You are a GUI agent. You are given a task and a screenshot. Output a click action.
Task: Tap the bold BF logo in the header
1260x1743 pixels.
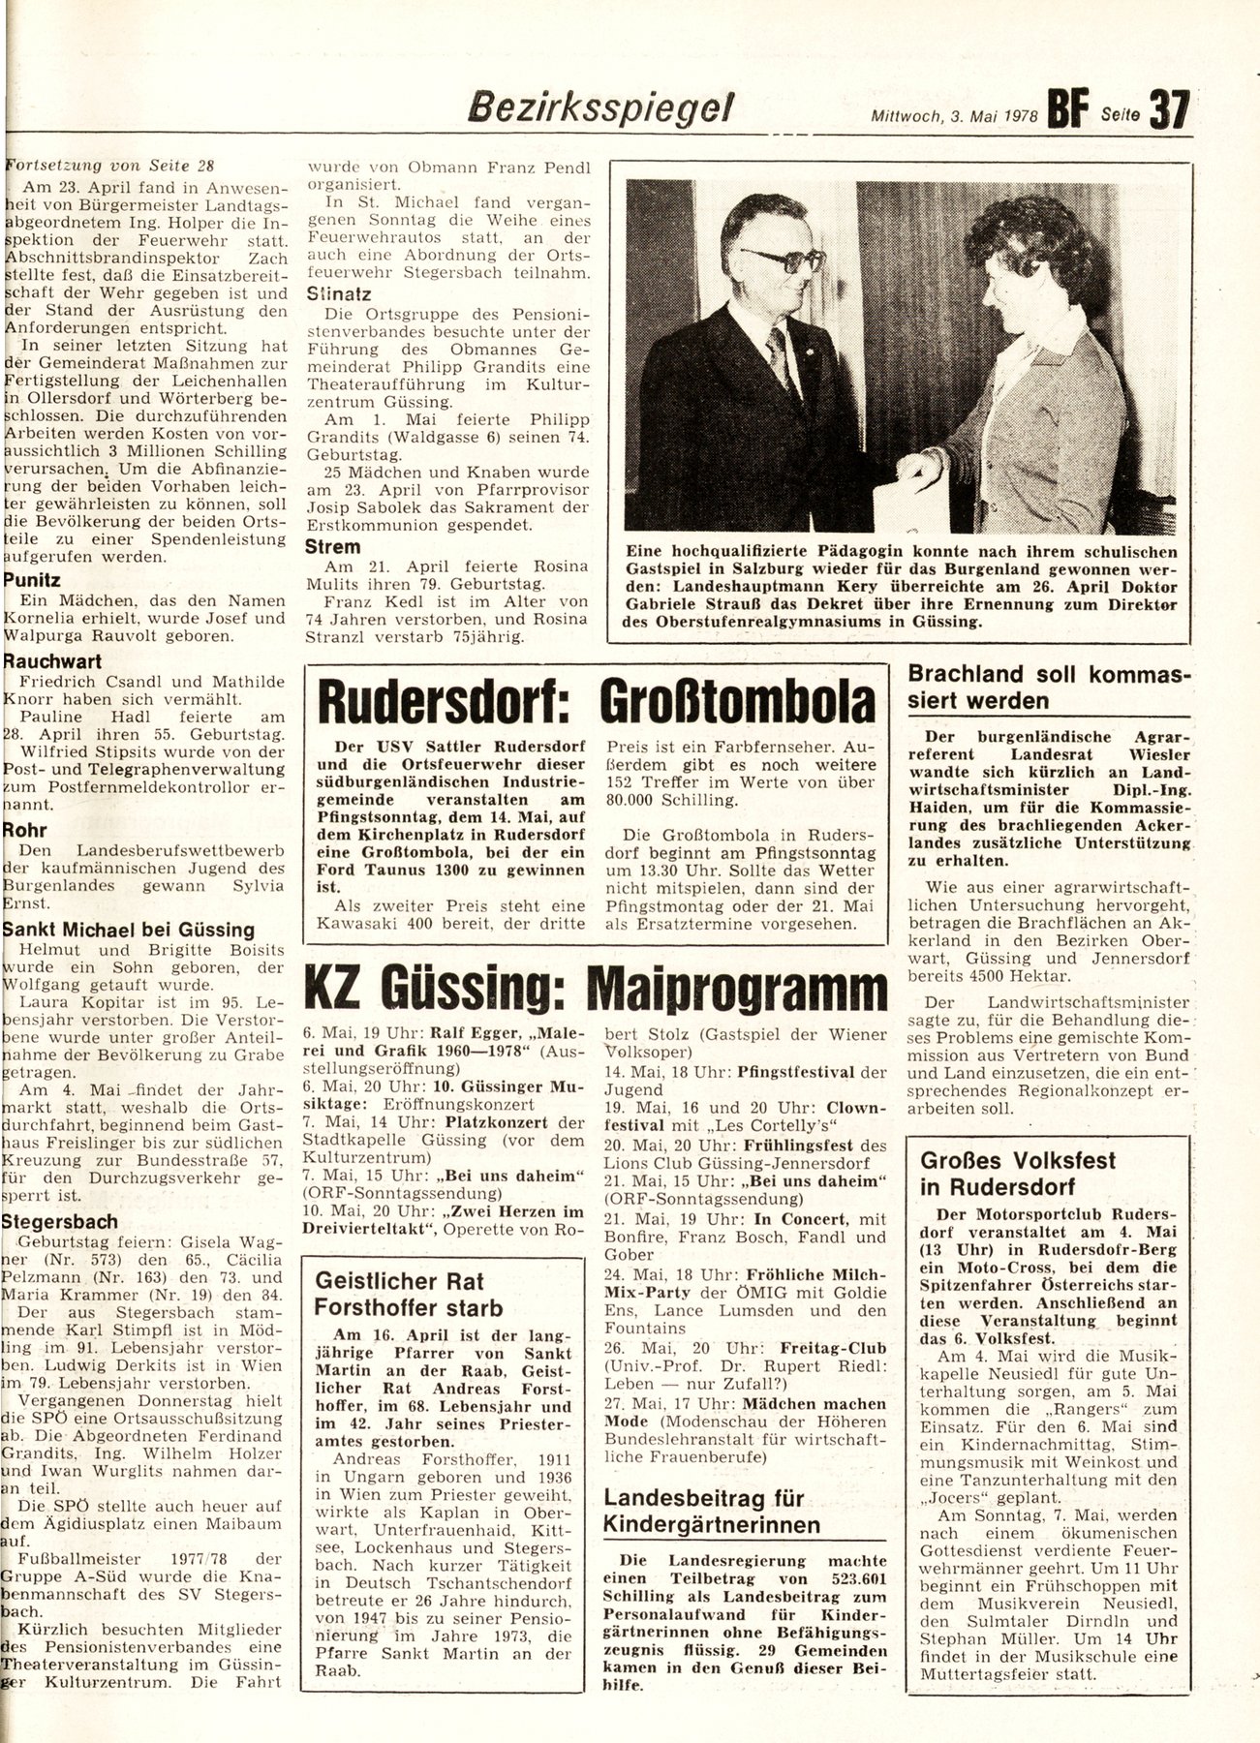(x=1068, y=107)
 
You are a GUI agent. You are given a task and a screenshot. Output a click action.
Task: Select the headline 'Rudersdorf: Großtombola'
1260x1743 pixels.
(x=598, y=701)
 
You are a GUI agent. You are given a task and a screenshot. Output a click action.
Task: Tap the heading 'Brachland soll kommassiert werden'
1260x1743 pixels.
(x=1050, y=687)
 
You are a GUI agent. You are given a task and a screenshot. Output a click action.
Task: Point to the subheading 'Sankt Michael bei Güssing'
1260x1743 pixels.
(x=129, y=930)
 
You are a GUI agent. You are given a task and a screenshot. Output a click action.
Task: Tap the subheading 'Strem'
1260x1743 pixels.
(x=333, y=546)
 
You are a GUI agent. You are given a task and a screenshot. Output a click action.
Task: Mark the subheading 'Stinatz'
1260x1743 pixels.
(x=339, y=293)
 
